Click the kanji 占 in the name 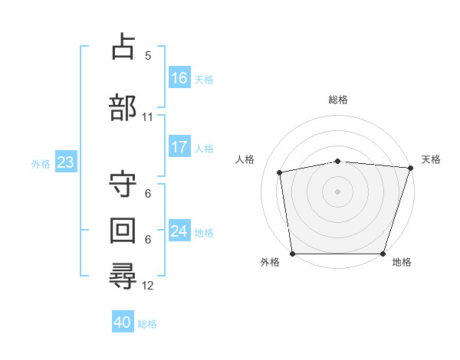tap(123, 46)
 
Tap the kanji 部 tap(123, 107)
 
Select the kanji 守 tap(123, 184)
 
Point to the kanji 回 tap(123, 231)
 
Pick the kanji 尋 tap(123, 276)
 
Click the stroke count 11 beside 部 tap(147, 117)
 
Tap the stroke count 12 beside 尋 tap(147, 286)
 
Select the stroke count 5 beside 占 tap(148, 56)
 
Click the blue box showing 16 tap(179, 77)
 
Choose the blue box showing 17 tap(179, 146)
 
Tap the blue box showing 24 tap(179, 230)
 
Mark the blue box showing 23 tap(66, 162)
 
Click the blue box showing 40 tap(123, 321)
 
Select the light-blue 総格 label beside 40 tap(147, 324)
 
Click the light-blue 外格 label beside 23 tap(41, 164)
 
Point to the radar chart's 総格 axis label tap(338, 100)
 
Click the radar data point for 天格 tap(411, 168)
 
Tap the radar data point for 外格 tap(293, 254)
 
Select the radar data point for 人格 tap(280, 172)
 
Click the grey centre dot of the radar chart tap(337, 191)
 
